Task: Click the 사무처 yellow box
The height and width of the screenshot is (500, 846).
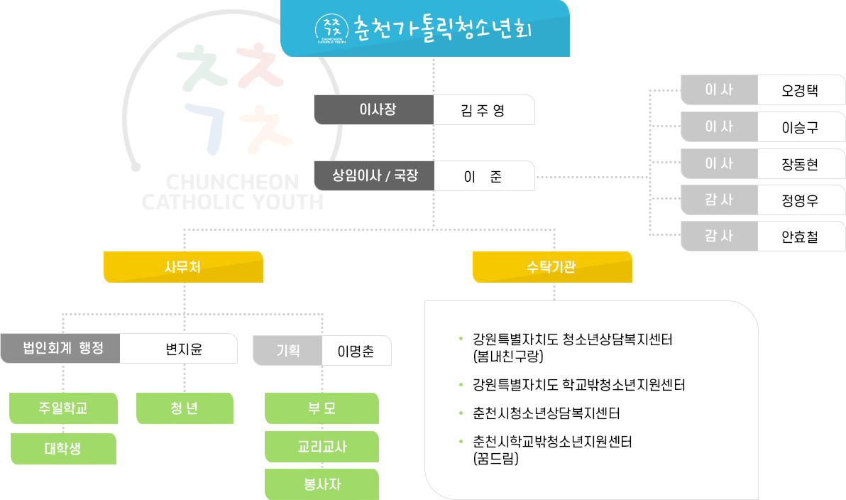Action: coord(183,267)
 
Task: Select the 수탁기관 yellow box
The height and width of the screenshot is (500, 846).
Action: coord(552,267)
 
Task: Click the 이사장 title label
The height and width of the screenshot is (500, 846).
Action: coord(374,110)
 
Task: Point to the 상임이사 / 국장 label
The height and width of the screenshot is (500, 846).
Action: coord(374,175)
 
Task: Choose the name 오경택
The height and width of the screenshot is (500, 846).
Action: coord(800,90)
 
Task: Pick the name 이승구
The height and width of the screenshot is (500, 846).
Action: coord(800,128)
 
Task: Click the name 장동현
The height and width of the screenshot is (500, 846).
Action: coord(800,164)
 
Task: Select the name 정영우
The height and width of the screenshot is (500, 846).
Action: coord(800,200)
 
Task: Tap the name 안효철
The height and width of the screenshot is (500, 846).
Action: coord(800,237)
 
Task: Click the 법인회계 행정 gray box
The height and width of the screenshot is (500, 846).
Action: coord(60,348)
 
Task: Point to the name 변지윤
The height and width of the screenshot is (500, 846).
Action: coord(178,348)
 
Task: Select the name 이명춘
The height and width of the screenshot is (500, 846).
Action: coord(356,351)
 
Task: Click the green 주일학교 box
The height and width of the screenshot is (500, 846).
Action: coord(63,408)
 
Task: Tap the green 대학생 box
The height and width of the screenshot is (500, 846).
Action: coord(63,449)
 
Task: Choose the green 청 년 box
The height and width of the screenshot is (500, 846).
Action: coord(185,408)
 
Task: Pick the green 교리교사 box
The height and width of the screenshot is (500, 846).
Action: coord(322,447)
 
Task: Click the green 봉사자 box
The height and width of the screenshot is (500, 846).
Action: coord(322,484)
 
